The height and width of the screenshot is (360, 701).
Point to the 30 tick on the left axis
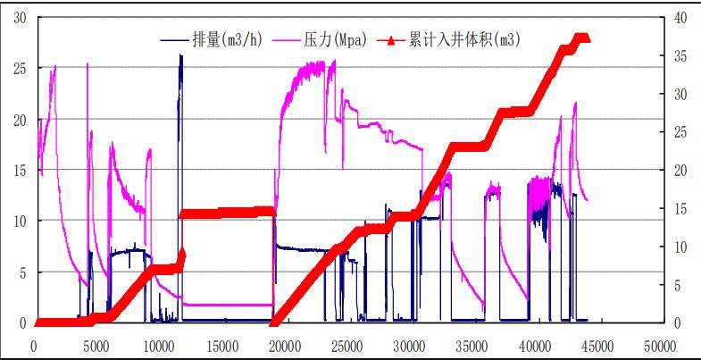coord(20,17)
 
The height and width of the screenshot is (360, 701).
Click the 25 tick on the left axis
coord(20,68)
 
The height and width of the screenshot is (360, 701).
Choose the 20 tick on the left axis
coord(20,119)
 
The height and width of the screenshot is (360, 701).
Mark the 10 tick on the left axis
coord(20,221)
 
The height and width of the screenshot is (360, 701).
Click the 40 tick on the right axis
coord(678,17)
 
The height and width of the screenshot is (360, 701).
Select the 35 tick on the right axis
coord(678,55)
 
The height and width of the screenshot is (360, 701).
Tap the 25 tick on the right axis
coord(678,132)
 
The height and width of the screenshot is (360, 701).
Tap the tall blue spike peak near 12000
coord(180,56)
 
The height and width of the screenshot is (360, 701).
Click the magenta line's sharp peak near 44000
coord(575,104)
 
